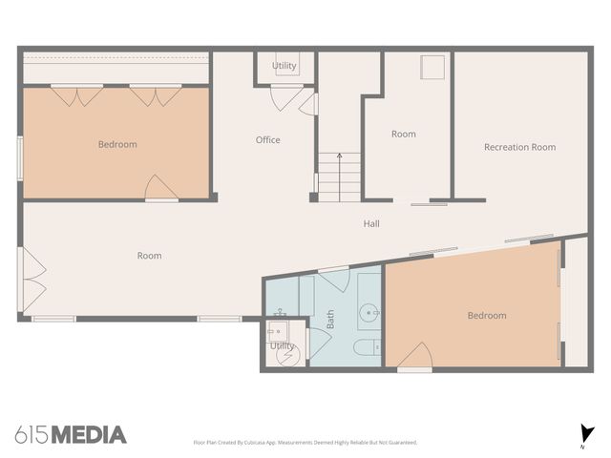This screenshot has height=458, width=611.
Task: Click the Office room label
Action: click(268, 140)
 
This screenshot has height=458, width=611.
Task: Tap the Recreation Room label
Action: click(519, 147)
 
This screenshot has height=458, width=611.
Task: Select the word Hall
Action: click(371, 224)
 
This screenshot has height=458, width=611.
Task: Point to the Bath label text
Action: click(330, 319)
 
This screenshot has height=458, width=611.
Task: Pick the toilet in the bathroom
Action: click(368, 346)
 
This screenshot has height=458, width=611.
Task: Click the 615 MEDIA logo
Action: click(71, 435)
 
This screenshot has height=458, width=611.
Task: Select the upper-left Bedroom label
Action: click(117, 145)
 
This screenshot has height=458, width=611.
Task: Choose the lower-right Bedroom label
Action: click(487, 316)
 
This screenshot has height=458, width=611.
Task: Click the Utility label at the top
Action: click(284, 66)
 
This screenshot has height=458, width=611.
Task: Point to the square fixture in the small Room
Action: click(432, 67)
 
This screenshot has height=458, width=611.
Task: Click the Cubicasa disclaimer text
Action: click(305, 443)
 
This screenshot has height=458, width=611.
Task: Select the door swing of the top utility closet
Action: click(286, 96)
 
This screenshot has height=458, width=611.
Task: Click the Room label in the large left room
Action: click(149, 256)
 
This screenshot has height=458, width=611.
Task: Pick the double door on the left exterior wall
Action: click(31, 280)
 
